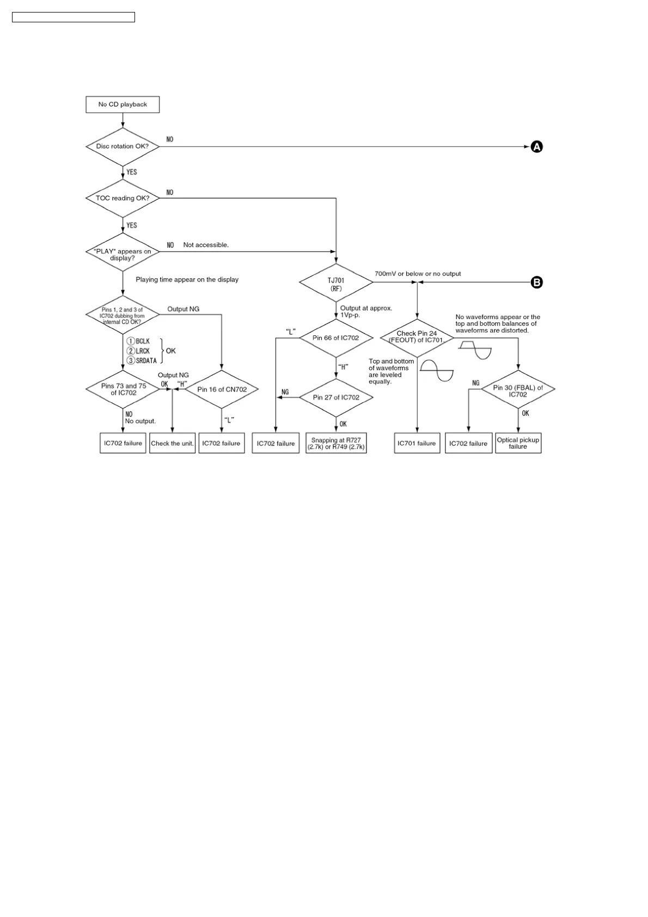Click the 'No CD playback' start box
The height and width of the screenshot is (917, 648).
click(123, 105)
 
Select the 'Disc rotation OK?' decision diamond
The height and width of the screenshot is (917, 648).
click(123, 146)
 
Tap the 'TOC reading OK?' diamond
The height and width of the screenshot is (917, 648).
click(123, 198)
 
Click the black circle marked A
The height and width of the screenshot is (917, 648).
click(537, 146)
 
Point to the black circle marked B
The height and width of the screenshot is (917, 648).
click(537, 282)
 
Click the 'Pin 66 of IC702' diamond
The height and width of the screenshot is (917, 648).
click(336, 338)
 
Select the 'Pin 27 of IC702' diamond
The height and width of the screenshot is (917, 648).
click(336, 398)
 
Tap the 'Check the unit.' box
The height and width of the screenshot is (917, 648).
click(172, 443)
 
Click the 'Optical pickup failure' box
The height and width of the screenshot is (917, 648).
click(518, 443)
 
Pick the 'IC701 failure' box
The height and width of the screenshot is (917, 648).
click(417, 443)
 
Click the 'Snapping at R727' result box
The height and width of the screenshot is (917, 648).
click(336, 443)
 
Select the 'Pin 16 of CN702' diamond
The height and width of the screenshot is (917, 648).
click(222, 389)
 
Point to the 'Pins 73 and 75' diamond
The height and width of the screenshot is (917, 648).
click(123, 389)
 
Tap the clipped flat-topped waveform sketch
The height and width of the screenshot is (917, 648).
click(475, 349)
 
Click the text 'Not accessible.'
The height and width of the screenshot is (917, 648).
click(206, 245)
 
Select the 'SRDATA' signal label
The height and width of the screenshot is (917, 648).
click(146, 360)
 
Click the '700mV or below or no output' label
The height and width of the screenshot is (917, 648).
click(418, 274)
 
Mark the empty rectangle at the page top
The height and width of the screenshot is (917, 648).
click(74, 17)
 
